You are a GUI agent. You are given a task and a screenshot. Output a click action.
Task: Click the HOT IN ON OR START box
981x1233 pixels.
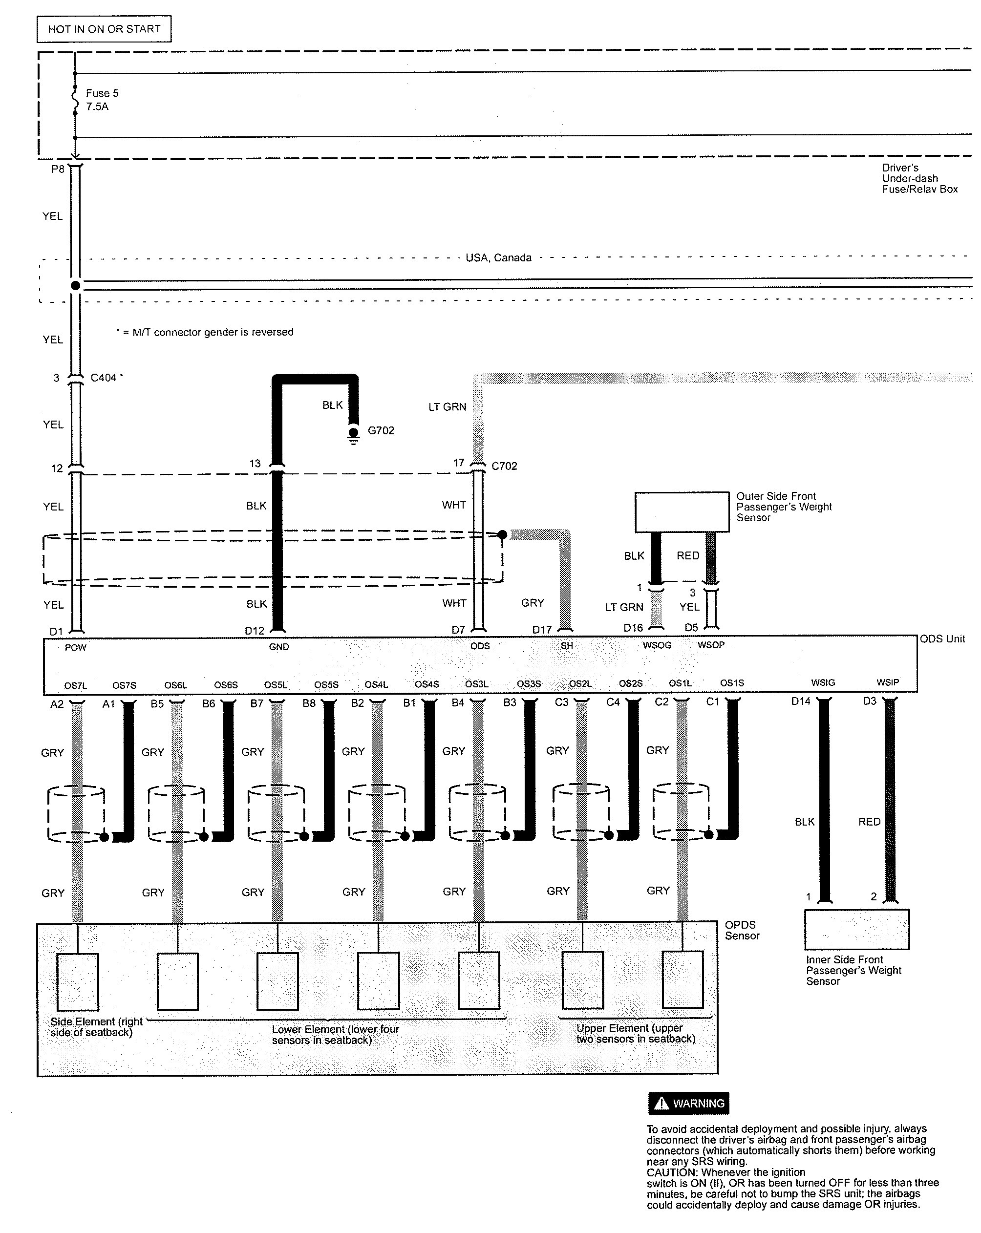click(x=104, y=29)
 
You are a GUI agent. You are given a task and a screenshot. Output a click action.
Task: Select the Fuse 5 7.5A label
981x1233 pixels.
click(x=102, y=100)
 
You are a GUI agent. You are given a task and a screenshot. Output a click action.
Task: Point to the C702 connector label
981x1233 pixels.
click(x=504, y=466)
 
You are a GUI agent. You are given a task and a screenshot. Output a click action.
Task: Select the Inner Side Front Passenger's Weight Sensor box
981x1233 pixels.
click(x=856, y=929)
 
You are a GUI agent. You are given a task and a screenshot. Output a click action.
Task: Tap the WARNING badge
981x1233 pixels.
click(x=688, y=1103)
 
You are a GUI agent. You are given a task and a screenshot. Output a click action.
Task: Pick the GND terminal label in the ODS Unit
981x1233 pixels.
click(x=278, y=647)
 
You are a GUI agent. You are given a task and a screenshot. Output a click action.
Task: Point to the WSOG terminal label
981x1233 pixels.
click(x=657, y=645)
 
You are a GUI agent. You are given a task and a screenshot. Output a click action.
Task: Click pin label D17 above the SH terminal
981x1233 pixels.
click(x=542, y=630)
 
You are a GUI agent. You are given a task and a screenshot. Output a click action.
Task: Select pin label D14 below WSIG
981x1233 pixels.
click(x=800, y=701)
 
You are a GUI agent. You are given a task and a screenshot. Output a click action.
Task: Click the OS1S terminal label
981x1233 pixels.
click(x=732, y=683)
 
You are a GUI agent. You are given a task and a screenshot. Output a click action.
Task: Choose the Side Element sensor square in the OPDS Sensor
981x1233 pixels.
click(x=77, y=981)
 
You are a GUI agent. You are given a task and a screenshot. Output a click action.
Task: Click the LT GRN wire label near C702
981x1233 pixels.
click(x=448, y=406)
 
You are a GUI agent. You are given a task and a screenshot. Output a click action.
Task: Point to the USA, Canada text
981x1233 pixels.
click(x=498, y=258)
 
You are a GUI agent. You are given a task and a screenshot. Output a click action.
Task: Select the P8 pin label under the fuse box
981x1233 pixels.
click(x=58, y=170)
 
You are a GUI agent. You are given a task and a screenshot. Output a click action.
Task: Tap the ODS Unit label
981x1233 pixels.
click(x=942, y=639)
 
